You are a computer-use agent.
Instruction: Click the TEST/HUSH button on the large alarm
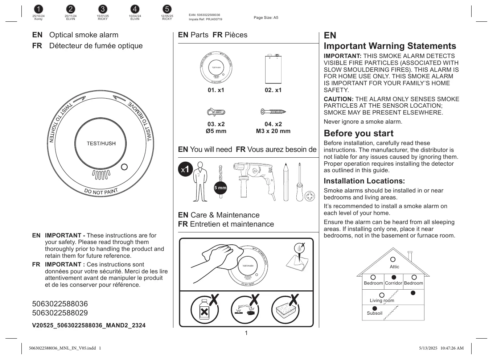[x=101, y=144]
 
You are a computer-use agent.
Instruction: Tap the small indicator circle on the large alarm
[x=124, y=167]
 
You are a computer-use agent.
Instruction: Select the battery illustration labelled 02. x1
[x=273, y=69]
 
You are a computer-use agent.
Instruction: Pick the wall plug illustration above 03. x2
[x=216, y=112]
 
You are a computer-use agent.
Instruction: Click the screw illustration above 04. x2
[x=273, y=112]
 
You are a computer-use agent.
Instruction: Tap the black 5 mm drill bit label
[x=220, y=187]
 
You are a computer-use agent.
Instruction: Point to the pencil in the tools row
[x=285, y=182]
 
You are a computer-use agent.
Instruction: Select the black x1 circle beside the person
[x=185, y=169]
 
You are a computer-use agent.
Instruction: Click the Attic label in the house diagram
[x=394, y=267]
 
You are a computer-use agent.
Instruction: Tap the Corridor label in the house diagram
[x=394, y=283]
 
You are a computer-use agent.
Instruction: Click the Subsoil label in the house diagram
[x=374, y=313]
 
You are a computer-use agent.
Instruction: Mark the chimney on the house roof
[x=410, y=256]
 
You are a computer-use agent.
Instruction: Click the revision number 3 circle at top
[x=103, y=9]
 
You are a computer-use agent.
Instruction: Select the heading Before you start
[x=358, y=133]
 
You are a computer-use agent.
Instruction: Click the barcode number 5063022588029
[x=60, y=313]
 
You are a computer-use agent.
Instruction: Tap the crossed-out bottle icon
[x=205, y=310]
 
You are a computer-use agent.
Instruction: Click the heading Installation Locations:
[x=364, y=181]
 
